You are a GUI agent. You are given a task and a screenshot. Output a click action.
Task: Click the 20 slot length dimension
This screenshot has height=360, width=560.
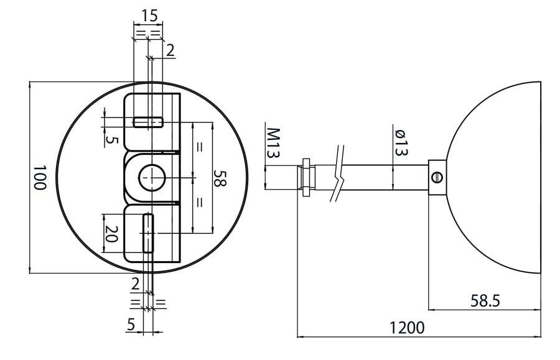point(111,234)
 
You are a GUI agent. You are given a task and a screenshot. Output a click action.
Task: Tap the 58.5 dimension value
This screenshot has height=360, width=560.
point(485,301)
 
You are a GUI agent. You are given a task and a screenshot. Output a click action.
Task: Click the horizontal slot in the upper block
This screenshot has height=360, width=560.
point(149,122)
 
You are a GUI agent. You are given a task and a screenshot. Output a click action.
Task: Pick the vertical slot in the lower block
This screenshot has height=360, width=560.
point(148,233)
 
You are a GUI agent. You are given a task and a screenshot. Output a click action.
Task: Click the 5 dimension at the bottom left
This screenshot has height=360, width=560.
point(131,323)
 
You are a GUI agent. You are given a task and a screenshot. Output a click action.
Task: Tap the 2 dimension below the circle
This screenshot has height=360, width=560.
point(136,284)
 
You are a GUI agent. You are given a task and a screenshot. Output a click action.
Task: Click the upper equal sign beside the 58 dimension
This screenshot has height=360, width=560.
point(200,147)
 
